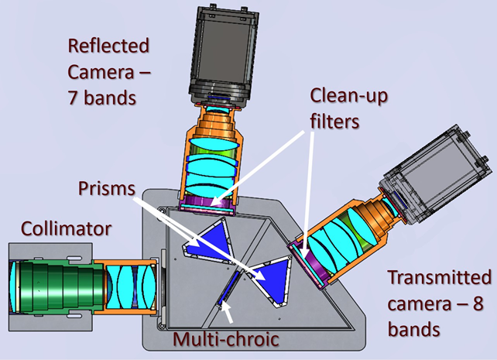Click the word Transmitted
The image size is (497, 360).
(439, 277)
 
